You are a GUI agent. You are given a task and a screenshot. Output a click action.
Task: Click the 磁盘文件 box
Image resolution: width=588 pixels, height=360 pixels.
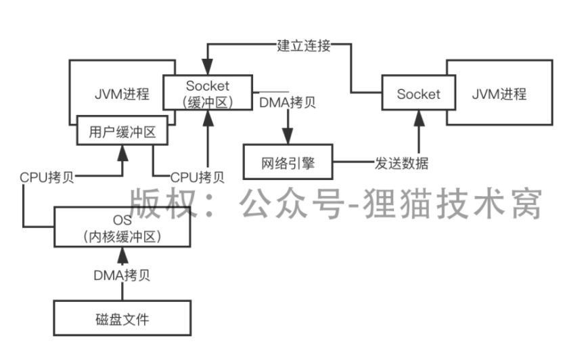coord(122,319)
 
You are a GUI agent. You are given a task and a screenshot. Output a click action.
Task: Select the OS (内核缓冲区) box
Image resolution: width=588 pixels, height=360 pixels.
coord(122,229)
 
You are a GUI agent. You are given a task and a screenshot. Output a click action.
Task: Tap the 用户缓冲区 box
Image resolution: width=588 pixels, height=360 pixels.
coord(122,133)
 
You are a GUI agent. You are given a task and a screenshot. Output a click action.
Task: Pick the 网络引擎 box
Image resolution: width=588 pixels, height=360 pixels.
coord(288,163)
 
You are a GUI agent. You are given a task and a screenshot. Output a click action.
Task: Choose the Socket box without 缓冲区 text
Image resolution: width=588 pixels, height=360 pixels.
coord(418,94)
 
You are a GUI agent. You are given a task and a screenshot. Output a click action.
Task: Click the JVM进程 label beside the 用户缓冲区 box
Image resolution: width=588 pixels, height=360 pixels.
coord(122,94)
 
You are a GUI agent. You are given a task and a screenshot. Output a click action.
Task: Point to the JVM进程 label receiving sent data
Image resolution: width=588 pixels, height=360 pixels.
coord(499,94)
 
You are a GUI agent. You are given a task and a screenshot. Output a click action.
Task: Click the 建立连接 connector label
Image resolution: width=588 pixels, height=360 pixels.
coord(304,46)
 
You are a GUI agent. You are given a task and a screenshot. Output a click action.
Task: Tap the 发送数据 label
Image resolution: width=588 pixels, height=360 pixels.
coord(401,163)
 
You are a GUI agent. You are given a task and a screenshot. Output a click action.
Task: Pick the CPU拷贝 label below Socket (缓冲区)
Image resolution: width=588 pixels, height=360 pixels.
coord(197,177)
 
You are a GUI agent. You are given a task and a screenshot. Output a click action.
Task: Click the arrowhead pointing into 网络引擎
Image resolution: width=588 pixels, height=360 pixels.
coord(288,136)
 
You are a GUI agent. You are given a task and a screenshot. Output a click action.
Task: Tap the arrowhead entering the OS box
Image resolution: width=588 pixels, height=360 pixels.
coord(122,254)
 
